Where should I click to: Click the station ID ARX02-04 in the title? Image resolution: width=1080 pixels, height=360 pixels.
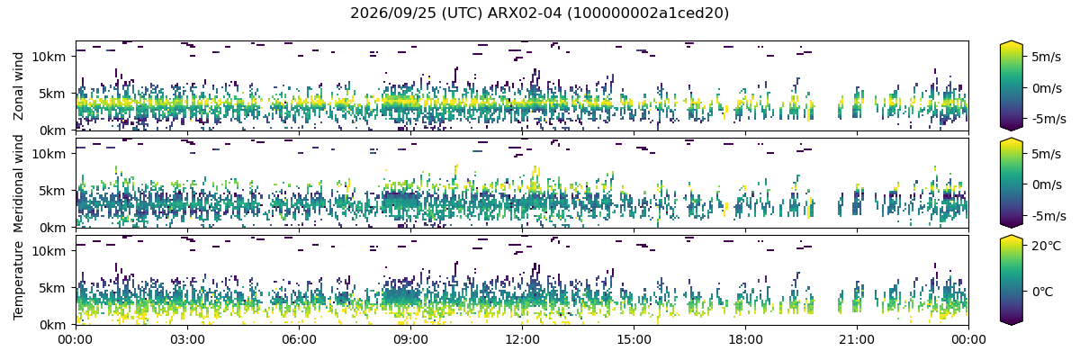point(525,13)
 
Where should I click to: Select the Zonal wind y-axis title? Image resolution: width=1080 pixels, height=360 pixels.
point(18,85)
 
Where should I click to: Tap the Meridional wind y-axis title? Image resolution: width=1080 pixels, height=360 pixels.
point(18,183)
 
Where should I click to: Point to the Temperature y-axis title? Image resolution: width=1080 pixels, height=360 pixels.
point(18,280)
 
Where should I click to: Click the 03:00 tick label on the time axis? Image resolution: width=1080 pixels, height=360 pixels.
point(187,340)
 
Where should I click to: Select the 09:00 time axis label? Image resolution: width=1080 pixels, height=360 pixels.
point(410,340)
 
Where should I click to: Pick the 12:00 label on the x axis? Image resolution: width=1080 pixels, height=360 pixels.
point(522,340)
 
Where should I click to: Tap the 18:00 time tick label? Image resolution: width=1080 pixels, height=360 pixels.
point(745,340)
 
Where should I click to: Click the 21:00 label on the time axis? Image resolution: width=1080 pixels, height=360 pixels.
point(857,340)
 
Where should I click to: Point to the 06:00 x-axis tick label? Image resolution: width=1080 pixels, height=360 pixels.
point(299,340)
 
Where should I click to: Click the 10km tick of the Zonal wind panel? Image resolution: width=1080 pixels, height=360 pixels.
point(49,57)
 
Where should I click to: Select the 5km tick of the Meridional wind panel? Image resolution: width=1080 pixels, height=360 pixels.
point(52,191)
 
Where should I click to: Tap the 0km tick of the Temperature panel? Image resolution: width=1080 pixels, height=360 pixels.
point(52,325)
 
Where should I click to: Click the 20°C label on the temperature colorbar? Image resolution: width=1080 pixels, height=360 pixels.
point(1046,247)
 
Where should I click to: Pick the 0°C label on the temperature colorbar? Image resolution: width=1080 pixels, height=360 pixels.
point(1043,292)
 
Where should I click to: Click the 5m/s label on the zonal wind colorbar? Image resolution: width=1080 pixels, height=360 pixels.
point(1046,57)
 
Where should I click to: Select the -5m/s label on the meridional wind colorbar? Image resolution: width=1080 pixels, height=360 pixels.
point(1048,216)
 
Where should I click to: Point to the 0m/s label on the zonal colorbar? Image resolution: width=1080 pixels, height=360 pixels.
point(1046,88)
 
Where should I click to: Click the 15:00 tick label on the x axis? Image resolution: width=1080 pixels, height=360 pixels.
point(634,340)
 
